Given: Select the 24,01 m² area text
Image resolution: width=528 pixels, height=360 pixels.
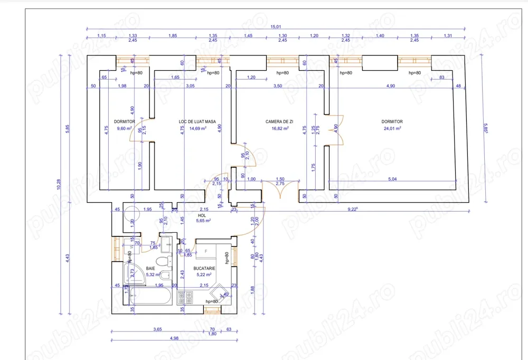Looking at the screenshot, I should point(392,128).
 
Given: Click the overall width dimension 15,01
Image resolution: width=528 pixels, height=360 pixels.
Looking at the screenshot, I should point(276,26).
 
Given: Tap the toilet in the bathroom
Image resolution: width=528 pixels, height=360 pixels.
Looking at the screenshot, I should point(164,262).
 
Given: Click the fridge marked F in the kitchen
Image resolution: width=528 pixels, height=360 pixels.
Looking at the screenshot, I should point(206,250).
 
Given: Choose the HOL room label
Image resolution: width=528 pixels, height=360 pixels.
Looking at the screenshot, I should point(202,215).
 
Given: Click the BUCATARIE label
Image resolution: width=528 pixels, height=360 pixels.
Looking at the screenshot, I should point(204,268).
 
